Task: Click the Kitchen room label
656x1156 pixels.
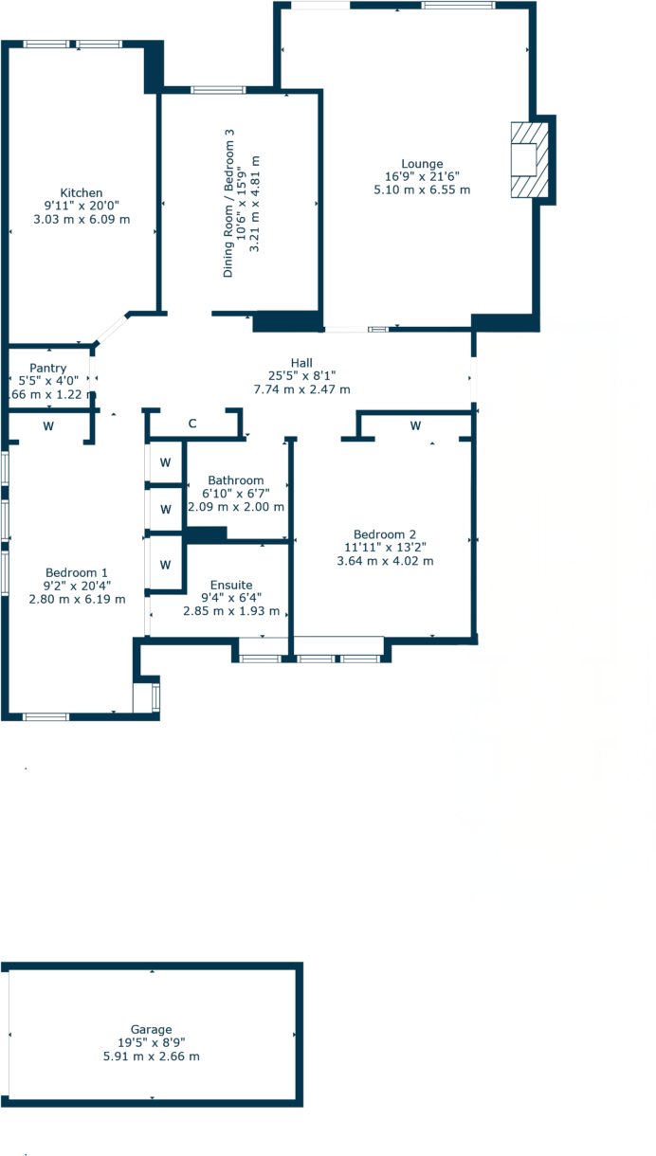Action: pos(81,192)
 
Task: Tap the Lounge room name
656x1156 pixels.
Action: pos(422,164)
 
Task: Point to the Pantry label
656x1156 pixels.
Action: pos(47,368)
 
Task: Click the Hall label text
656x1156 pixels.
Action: pos(301,363)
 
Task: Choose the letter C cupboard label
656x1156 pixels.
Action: pos(191,424)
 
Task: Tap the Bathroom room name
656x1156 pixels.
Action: pos(236,480)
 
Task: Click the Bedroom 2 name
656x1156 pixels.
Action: pos(385,533)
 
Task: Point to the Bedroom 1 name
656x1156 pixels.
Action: pos(77,572)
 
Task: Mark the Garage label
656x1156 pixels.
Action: pos(152,1029)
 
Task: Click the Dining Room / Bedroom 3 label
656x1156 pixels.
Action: pos(228,204)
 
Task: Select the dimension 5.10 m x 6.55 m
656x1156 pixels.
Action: pos(422,190)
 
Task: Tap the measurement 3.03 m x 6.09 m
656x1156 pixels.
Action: pos(81,219)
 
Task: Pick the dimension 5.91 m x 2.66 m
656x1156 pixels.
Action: pos(152,1056)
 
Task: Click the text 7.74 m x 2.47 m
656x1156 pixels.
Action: pos(301,389)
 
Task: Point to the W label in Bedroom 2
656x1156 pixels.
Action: pos(415,426)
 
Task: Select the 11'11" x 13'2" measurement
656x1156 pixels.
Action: pos(385,547)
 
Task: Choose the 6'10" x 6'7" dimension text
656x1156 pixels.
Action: pos(236,494)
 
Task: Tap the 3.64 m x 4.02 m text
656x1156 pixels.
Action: pos(385,560)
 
